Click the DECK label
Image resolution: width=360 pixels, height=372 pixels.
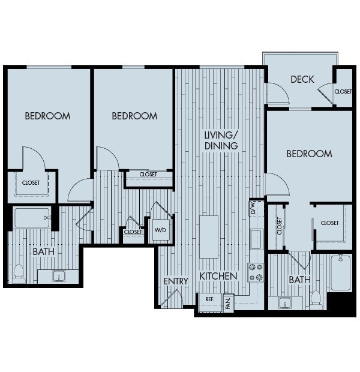pyautogui.click(x=302, y=79)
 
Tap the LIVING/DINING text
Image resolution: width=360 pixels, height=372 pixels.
pyautogui.click(x=221, y=140)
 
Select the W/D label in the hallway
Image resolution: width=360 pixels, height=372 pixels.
pyautogui.click(x=160, y=230)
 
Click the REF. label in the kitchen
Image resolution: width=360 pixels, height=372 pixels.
pyautogui.click(x=210, y=299)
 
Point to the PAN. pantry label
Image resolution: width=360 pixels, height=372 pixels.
pyautogui.click(x=228, y=302)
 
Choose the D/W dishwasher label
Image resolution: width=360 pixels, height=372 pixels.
pyautogui.click(x=253, y=208)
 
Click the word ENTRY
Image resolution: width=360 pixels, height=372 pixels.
pyautogui.click(x=176, y=281)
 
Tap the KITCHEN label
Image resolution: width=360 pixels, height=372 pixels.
pyautogui.click(x=218, y=277)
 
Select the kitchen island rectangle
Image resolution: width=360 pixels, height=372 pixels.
pyautogui.click(x=209, y=236)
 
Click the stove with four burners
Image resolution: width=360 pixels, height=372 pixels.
pyautogui.click(x=256, y=272)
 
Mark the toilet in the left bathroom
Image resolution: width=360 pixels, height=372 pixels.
pyautogui.click(x=18, y=274)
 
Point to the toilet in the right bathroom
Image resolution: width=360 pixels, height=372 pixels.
pyautogui.click(x=316, y=297)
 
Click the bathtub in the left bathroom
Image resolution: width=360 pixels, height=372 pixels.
pyautogui.click(x=32, y=218)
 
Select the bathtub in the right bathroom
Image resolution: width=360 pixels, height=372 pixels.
pyautogui.click(x=340, y=272)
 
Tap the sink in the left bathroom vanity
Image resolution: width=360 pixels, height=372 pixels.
pyautogui.click(x=59, y=276)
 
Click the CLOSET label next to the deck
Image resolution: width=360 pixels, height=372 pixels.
pyautogui.click(x=343, y=91)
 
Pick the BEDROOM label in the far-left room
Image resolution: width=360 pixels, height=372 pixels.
pyautogui.click(x=47, y=116)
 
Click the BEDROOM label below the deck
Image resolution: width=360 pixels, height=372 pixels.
pyautogui.click(x=309, y=154)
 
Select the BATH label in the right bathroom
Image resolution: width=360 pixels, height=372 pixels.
pyautogui.click(x=299, y=280)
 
